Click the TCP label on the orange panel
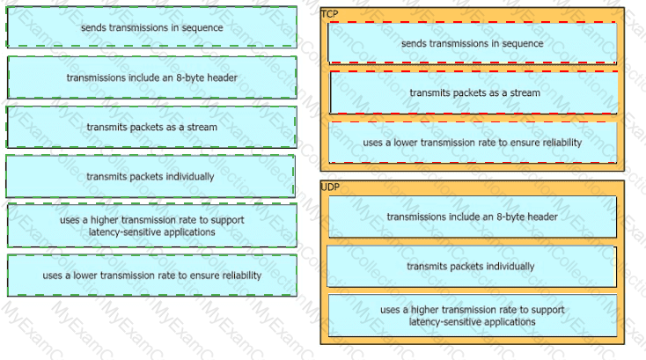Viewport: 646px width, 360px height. (329, 14)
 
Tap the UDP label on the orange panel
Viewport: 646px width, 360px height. (330, 187)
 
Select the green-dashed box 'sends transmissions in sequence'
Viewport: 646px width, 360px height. (151, 27)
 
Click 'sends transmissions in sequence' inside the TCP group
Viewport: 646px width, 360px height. (473, 43)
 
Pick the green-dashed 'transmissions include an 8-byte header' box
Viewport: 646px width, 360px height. (152, 77)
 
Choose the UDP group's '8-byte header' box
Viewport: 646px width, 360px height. (473, 217)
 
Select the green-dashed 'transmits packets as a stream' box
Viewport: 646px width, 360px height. (151, 127)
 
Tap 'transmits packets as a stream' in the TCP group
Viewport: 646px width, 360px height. (473, 92)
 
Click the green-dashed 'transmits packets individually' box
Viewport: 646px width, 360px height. (150, 176)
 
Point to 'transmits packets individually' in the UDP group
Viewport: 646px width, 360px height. (472, 267)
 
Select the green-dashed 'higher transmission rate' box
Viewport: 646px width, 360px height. (152, 225)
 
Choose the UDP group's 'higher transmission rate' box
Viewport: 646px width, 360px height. (473, 315)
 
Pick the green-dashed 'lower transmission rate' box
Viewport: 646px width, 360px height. (152, 276)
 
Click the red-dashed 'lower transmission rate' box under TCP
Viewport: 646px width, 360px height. (473, 143)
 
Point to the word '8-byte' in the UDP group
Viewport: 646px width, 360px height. (506, 217)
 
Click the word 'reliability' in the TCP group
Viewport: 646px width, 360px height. (562, 143)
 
